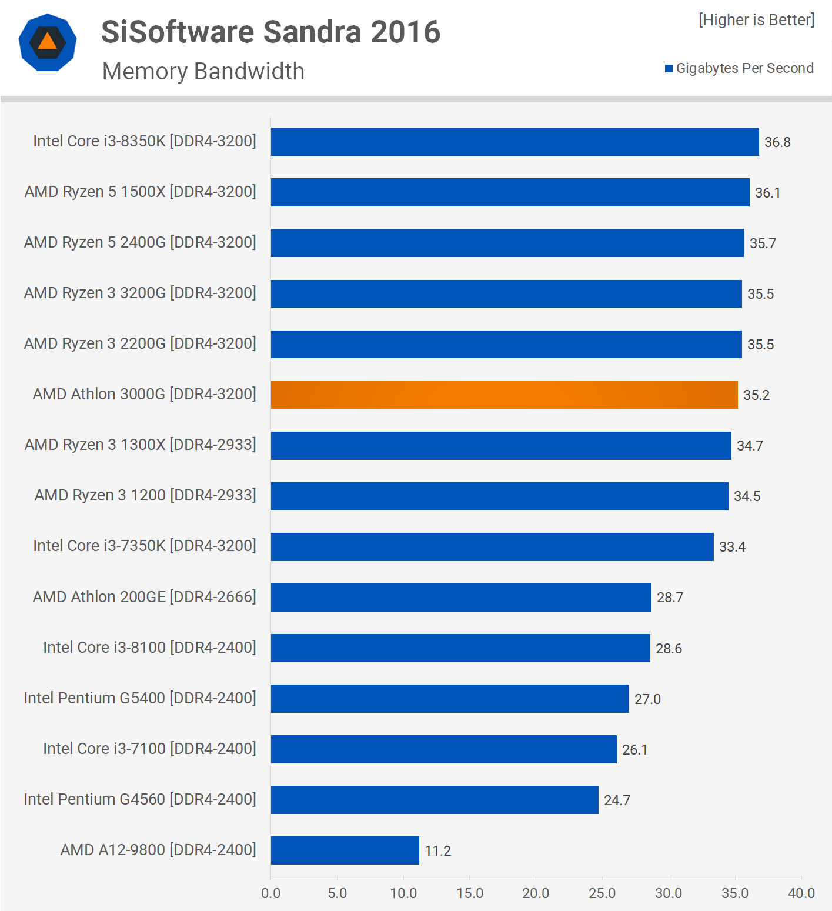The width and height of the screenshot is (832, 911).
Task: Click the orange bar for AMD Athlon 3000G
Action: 504,395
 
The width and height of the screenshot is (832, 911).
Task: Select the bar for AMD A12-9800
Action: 345,850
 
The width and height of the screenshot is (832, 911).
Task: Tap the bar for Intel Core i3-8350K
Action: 514,142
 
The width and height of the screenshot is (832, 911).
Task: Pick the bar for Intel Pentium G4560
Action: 435,800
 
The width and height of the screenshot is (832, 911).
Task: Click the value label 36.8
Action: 777,142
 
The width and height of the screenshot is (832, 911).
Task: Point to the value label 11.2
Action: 438,851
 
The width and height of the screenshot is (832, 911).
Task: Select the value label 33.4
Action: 732,547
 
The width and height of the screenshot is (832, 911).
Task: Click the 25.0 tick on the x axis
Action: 602,893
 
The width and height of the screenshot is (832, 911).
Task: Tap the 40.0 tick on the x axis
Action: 801,893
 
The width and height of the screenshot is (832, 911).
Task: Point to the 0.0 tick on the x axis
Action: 271,893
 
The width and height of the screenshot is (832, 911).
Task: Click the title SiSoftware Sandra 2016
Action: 270,32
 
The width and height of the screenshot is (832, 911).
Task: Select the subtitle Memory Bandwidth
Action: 203,71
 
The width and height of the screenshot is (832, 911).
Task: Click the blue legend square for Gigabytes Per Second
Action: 669,69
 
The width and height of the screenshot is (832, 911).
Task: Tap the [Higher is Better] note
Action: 756,20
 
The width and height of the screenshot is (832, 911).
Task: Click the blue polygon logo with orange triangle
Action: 48,42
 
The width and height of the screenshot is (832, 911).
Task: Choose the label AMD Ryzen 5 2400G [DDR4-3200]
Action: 140,242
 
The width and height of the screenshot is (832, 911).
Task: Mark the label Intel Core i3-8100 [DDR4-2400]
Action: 149,648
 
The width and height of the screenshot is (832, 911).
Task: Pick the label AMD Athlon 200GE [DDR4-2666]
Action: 145,597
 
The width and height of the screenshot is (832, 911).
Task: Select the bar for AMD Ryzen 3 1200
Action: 499,496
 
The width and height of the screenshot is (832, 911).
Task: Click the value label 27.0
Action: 647,699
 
